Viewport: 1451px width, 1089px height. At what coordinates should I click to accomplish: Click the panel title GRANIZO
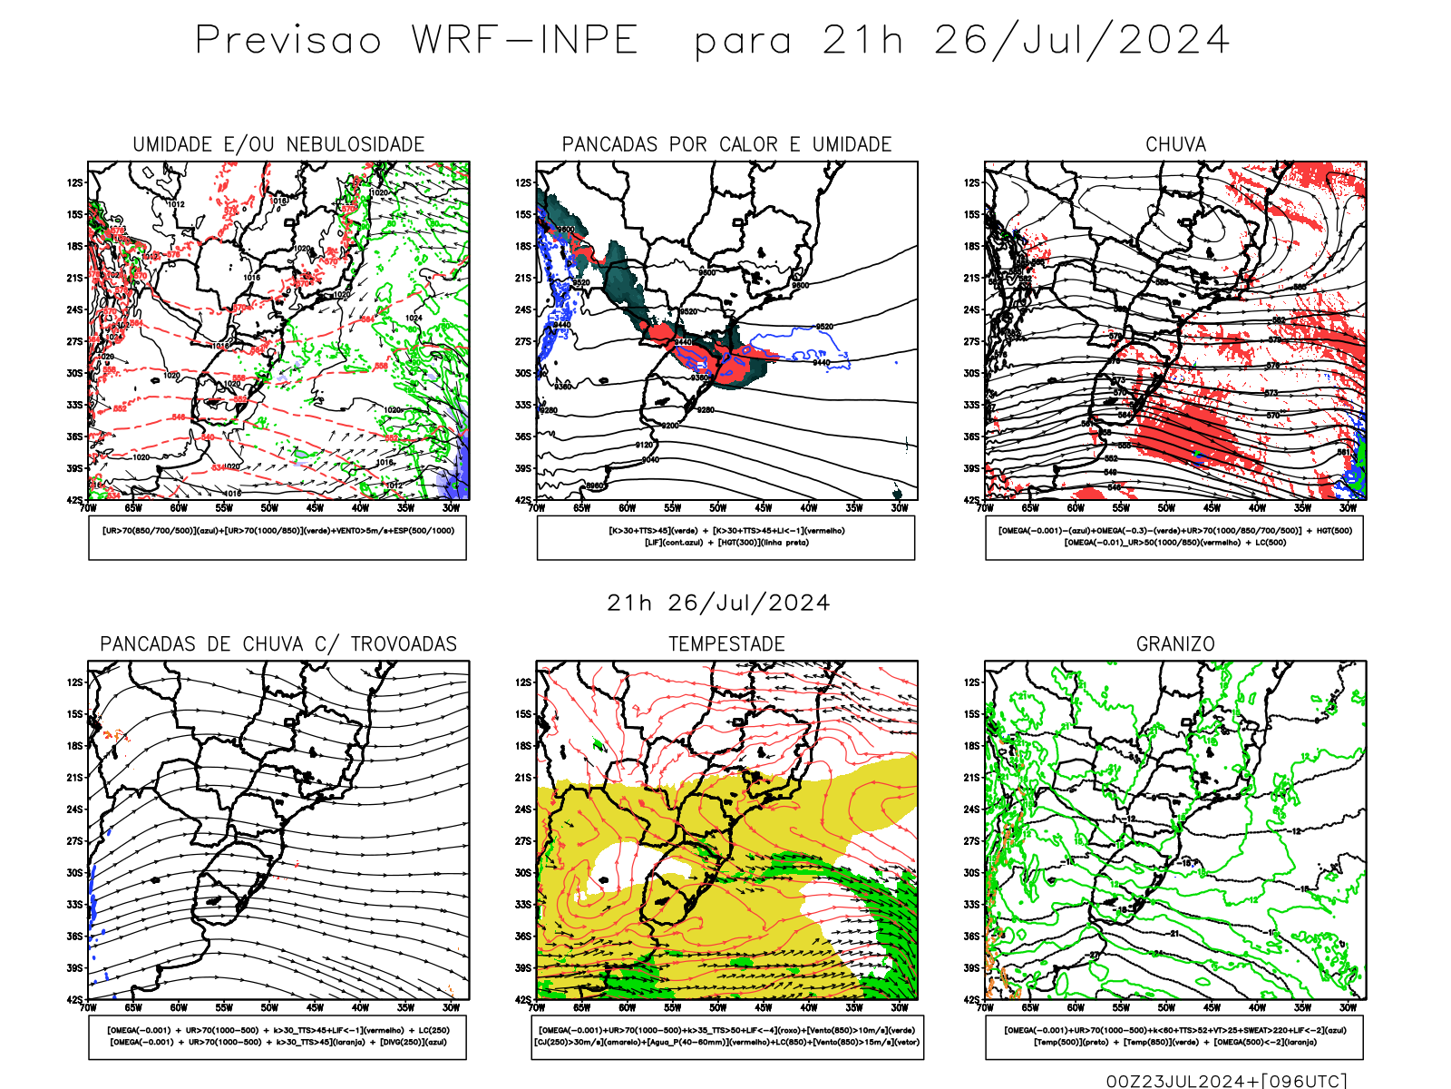click(x=1175, y=644)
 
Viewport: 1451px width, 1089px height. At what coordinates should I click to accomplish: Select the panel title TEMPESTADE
click(x=726, y=644)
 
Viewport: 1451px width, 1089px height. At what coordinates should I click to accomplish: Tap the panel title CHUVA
click(x=1175, y=144)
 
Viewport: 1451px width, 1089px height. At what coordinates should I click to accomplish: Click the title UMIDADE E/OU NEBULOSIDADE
click(x=278, y=144)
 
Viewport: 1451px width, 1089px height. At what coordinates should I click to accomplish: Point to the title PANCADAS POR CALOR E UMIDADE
click(x=726, y=144)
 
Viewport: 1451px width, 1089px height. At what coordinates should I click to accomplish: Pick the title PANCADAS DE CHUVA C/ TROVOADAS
click(x=278, y=644)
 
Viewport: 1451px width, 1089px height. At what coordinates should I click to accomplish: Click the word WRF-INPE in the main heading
click(x=525, y=40)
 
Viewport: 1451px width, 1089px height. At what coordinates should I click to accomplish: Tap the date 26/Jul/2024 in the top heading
click(x=1081, y=40)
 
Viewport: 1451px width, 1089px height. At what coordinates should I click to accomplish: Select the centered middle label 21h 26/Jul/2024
click(x=718, y=603)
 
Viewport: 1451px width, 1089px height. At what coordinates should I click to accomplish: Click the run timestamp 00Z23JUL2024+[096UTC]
click(x=1226, y=1080)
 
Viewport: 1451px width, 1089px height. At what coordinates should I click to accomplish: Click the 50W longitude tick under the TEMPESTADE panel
click(x=718, y=1007)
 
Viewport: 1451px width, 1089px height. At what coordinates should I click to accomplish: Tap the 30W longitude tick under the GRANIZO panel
click(x=1349, y=1007)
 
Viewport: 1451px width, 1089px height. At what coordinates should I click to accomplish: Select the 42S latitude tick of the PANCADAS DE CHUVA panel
click(x=73, y=1000)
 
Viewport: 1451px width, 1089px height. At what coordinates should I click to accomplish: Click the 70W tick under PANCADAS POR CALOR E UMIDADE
click(x=537, y=508)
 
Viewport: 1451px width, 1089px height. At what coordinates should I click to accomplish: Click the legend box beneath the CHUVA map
click(x=1174, y=537)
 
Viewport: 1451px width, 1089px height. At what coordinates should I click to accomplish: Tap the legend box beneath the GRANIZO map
click(x=1174, y=1036)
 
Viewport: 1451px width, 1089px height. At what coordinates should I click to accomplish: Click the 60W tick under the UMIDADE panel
click(x=179, y=508)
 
